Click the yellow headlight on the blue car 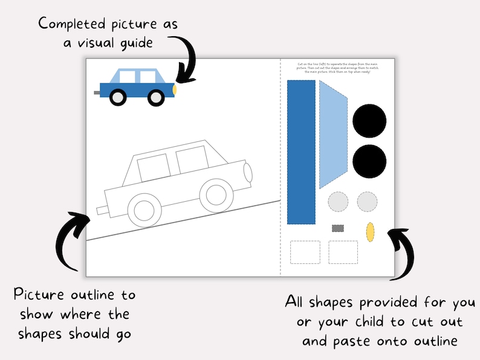pyautogui.click(x=175, y=89)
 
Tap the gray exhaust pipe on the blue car pyautogui.click(x=97, y=93)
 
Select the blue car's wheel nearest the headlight pyautogui.click(x=156, y=97)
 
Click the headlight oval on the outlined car pyautogui.click(x=248, y=173)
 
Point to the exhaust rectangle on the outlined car pyautogui.click(x=102, y=210)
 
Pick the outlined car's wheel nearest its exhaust pyautogui.click(x=144, y=209)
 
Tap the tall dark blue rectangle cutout pyautogui.click(x=301, y=152)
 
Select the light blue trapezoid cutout pyautogui.click(x=332, y=135)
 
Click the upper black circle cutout pyautogui.click(x=369, y=121)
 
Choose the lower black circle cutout pyautogui.click(x=369, y=161)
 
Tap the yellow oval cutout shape pyautogui.click(x=370, y=231)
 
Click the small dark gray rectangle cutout pyautogui.click(x=338, y=228)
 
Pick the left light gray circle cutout pyautogui.click(x=338, y=201)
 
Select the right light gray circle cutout pyautogui.click(x=368, y=201)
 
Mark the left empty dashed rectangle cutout pyautogui.click(x=305, y=252)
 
